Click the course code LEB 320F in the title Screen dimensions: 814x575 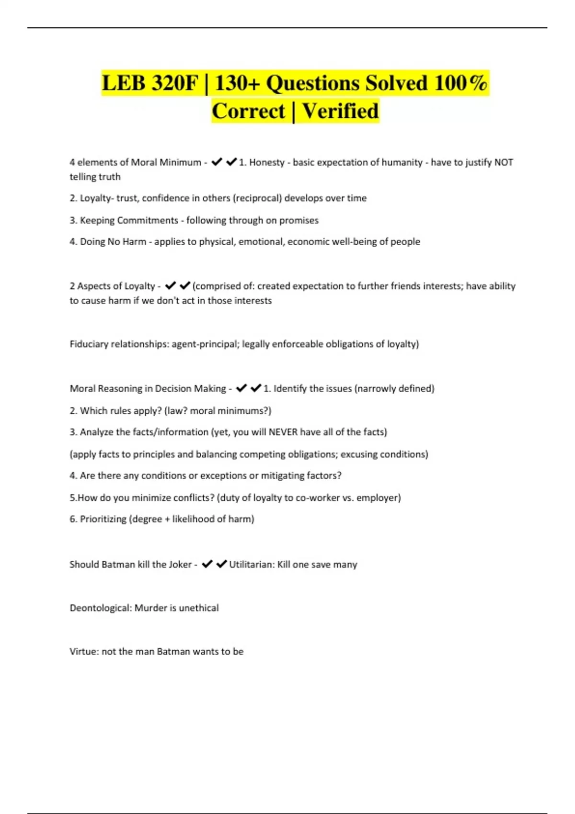tap(149, 83)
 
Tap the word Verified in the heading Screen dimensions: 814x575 tap(340, 111)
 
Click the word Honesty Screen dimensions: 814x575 tap(266, 162)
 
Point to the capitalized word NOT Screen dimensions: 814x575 tap(504, 162)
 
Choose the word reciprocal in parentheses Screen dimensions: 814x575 tap(257, 198)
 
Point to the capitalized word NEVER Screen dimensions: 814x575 tap(283, 432)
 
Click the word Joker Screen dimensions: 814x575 tap(179, 565)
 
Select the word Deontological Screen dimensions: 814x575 tap(100, 608)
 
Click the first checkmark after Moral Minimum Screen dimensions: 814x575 tap(217, 162)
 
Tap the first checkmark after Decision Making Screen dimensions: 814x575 tap(241, 388)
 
